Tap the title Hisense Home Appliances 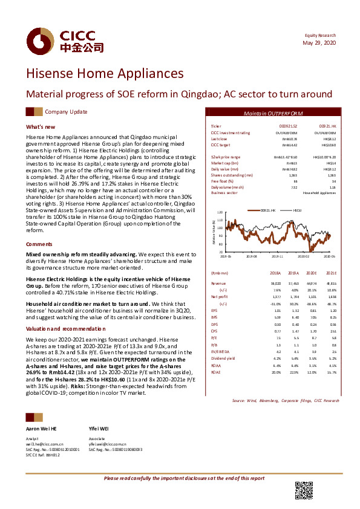click(105, 74)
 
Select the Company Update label click(66, 112)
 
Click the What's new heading click(40, 127)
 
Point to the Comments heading click(39, 244)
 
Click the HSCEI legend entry click(297, 209)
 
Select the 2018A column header click(275, 274)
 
